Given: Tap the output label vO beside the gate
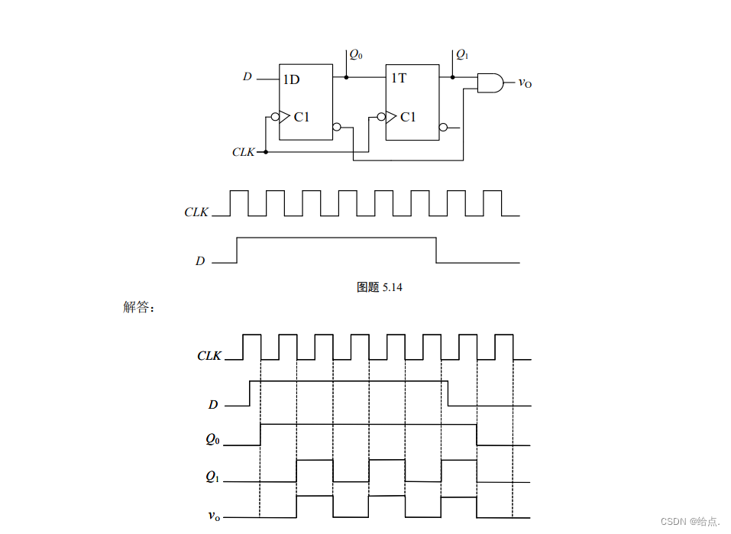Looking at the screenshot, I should click(525, 83).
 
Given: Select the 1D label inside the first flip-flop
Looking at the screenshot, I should click(291, 79).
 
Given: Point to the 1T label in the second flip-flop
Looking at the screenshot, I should click(399, 78).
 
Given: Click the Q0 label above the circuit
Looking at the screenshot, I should click(355, 54).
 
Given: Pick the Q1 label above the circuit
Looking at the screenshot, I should click(462, 54).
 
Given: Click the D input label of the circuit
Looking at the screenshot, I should click(247, 77).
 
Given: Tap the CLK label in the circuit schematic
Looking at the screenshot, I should click(243, 152).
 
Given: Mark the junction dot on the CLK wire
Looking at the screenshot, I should click(265, 152).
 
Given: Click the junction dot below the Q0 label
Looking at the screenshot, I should click(346, 77).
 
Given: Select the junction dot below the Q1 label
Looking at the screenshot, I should click(452, 77).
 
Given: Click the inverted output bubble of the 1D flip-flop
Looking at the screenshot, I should click(337, 128).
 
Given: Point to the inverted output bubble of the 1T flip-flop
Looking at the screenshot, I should click(444, 128).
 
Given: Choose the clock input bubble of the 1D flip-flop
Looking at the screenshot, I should click(274, 117).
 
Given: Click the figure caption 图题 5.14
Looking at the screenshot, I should click(379, 287).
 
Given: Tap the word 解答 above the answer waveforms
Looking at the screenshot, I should click(138, 307).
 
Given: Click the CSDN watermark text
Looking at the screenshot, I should click(690, 521).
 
